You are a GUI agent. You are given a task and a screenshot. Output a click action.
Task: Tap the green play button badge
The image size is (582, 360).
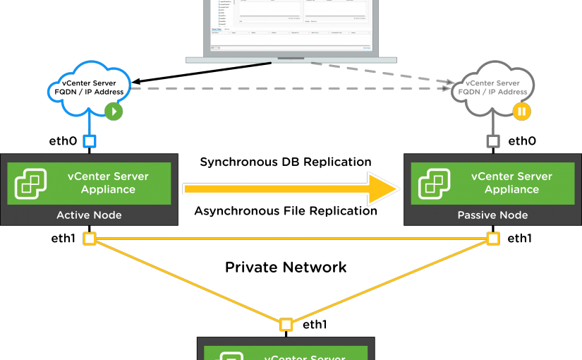(114, 111)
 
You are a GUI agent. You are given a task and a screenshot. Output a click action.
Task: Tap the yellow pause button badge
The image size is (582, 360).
(521, 111)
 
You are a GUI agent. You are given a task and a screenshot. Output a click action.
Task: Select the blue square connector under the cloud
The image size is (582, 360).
(90, 141)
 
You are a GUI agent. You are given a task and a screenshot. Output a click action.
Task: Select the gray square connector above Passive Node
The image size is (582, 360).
(493, 141)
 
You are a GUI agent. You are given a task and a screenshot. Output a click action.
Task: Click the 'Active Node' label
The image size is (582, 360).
(89, 215)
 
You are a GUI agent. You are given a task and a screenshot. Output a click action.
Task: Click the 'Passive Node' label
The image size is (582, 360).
(492, 215)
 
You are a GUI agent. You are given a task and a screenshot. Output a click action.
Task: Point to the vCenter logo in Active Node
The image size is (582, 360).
(31, 184)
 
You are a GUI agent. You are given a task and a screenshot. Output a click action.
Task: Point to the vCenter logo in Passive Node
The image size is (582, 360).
(435, 184)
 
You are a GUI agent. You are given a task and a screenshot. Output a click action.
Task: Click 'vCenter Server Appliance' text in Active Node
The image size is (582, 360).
(108, 183)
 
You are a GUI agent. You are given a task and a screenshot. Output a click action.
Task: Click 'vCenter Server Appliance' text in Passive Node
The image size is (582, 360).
(511, 183)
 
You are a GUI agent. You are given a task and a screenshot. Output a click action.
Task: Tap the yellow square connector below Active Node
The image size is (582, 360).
(90, 239)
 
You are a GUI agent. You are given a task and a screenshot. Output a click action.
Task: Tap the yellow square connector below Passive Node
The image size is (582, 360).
(493, 239)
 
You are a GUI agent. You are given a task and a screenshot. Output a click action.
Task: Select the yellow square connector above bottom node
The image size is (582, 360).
(286, 325)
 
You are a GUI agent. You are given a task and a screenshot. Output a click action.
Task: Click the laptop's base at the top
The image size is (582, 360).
(291, 59)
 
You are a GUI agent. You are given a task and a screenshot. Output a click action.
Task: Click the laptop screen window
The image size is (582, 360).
(291, 25)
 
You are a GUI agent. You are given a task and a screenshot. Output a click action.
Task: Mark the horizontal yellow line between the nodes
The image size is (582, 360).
(291, 239)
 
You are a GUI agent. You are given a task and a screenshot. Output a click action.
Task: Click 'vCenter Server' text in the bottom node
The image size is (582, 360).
(305, 356)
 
